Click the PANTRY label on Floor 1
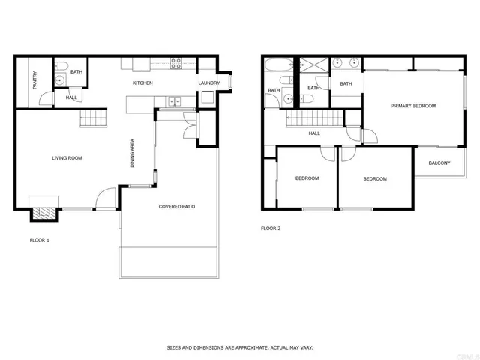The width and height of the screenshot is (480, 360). pos(35,81)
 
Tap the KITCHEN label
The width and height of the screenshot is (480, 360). pos(142,82)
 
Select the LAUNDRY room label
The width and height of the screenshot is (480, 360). pos(208,82)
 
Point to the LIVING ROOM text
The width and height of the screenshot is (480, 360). pos(67,158)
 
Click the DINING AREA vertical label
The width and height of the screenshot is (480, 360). pos(133,152)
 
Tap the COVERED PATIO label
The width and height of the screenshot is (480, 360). pos(177,206)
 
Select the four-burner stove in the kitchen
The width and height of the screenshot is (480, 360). pos(176,63)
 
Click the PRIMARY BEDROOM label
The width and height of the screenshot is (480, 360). pos(412,106)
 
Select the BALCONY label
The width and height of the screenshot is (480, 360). pos(439,163)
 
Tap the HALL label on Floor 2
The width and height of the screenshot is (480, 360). pos(314,133)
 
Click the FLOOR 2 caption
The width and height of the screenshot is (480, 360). pos(271,228)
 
